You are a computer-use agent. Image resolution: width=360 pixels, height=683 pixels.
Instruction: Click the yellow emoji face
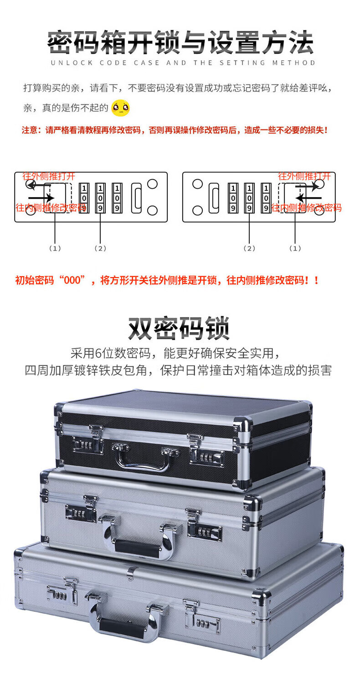[121, 108]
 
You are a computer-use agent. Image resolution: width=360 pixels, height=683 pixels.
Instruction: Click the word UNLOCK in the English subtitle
[72, 63]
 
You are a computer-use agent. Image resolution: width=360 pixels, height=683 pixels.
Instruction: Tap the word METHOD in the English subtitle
[293, 63]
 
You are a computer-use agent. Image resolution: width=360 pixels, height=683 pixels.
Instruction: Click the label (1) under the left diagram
[55, 248]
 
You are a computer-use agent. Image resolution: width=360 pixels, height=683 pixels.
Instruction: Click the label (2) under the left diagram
[100, 248]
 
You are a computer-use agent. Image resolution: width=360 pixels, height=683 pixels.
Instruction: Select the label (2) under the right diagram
[249, 248]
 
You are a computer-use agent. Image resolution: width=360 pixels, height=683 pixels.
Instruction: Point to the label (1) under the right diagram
[295, 248]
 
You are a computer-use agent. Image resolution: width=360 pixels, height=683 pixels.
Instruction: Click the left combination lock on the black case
[87, 445]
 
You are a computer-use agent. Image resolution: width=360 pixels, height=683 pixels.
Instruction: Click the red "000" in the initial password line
[72, 280]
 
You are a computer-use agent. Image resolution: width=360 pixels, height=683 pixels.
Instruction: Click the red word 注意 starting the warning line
[29, 130]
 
